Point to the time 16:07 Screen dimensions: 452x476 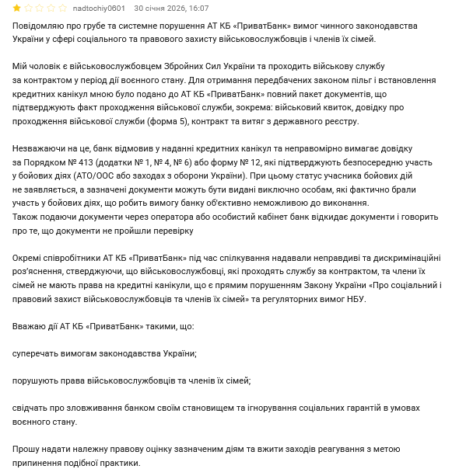[x=198, y=9]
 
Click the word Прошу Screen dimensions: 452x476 [x=27, y=450]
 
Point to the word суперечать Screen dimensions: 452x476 [x=38, y=353]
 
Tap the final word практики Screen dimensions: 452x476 [x=122, y=463]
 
